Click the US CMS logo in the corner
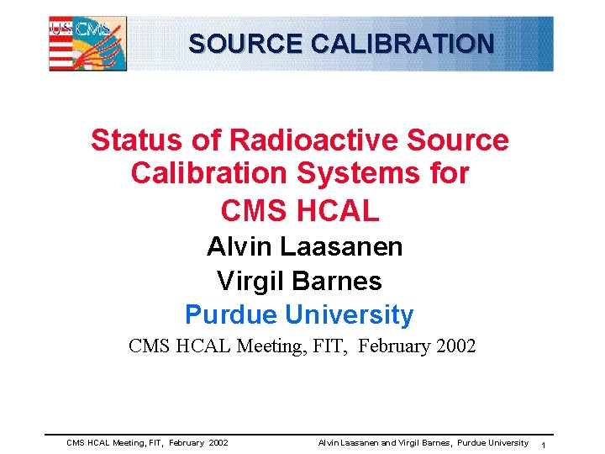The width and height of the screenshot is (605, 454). coord(88,43)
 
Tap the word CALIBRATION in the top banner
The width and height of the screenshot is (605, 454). coord(402,43)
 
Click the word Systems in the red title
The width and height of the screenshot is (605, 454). coord(357,174)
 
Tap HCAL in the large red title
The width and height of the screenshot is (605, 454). coord(339,210)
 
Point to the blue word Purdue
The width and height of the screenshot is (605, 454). coord(231,315)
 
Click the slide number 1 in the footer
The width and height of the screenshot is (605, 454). coord(544,444)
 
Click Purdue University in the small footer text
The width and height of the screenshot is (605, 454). coord(492,443)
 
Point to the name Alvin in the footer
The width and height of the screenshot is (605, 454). coord(329,443)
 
